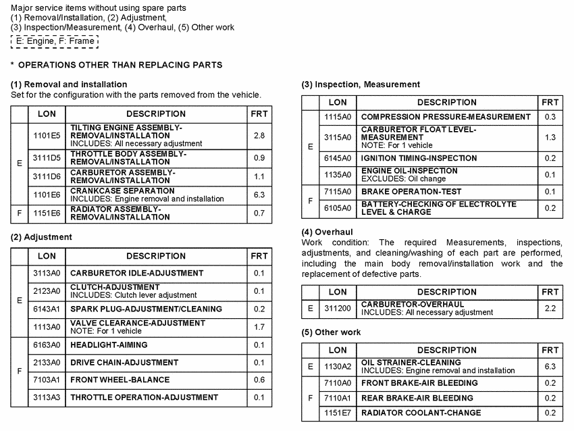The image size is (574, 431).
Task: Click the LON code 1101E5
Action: pyautogui.click(x=47, y=136)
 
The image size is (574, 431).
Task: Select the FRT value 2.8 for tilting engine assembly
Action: pyautogui.click(x=259, y=136)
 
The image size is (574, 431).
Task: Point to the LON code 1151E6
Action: pyautogui.click(x=47, y=213)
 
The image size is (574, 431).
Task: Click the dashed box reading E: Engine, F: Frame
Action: pyautogui.click(x=55, y=41)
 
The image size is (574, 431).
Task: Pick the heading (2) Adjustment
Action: pyautogui.click(x=41, y=237)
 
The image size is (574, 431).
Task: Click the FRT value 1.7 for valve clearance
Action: pyautogui.click(x=259, y=327)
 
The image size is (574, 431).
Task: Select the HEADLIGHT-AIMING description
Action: pyautogui.click(x=109, y=345)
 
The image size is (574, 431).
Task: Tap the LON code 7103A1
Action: pyautogui.click(x=47, y=380)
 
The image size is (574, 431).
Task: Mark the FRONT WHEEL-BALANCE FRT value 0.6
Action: pyautogui.click(x=259, y=380)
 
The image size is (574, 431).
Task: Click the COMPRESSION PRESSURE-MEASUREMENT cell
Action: pyautogui.click(x=446, y=117)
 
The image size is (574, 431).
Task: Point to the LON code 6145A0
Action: pyautogui.click(x=338, y=158)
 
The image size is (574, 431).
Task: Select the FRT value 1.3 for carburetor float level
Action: pyautogui.click(x=550, y=137)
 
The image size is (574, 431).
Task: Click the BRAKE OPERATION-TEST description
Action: pyautogui.click(x=411, y=191)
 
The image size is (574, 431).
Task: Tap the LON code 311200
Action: pyautogui.click(x=338, y=309)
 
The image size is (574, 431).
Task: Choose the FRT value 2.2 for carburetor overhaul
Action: pyautogui.click(x=550, y=309)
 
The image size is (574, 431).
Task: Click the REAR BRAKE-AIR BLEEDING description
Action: pyautogui.click(x=417, y=398)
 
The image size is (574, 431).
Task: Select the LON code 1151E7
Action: pyautogui.click(x=338, y=413)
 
